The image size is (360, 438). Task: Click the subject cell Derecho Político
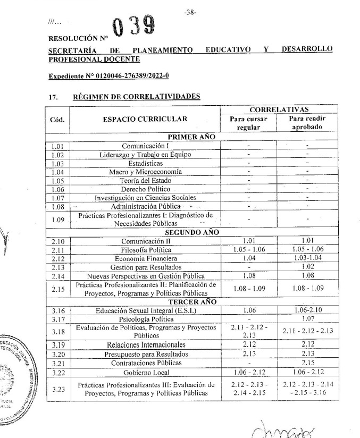click(146, 189)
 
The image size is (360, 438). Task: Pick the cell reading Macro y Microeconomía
click(146, 172)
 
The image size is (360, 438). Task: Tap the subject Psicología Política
click(146, 319)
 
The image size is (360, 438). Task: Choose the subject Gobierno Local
click(146, 372)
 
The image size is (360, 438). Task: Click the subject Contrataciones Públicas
click(146, 363)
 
